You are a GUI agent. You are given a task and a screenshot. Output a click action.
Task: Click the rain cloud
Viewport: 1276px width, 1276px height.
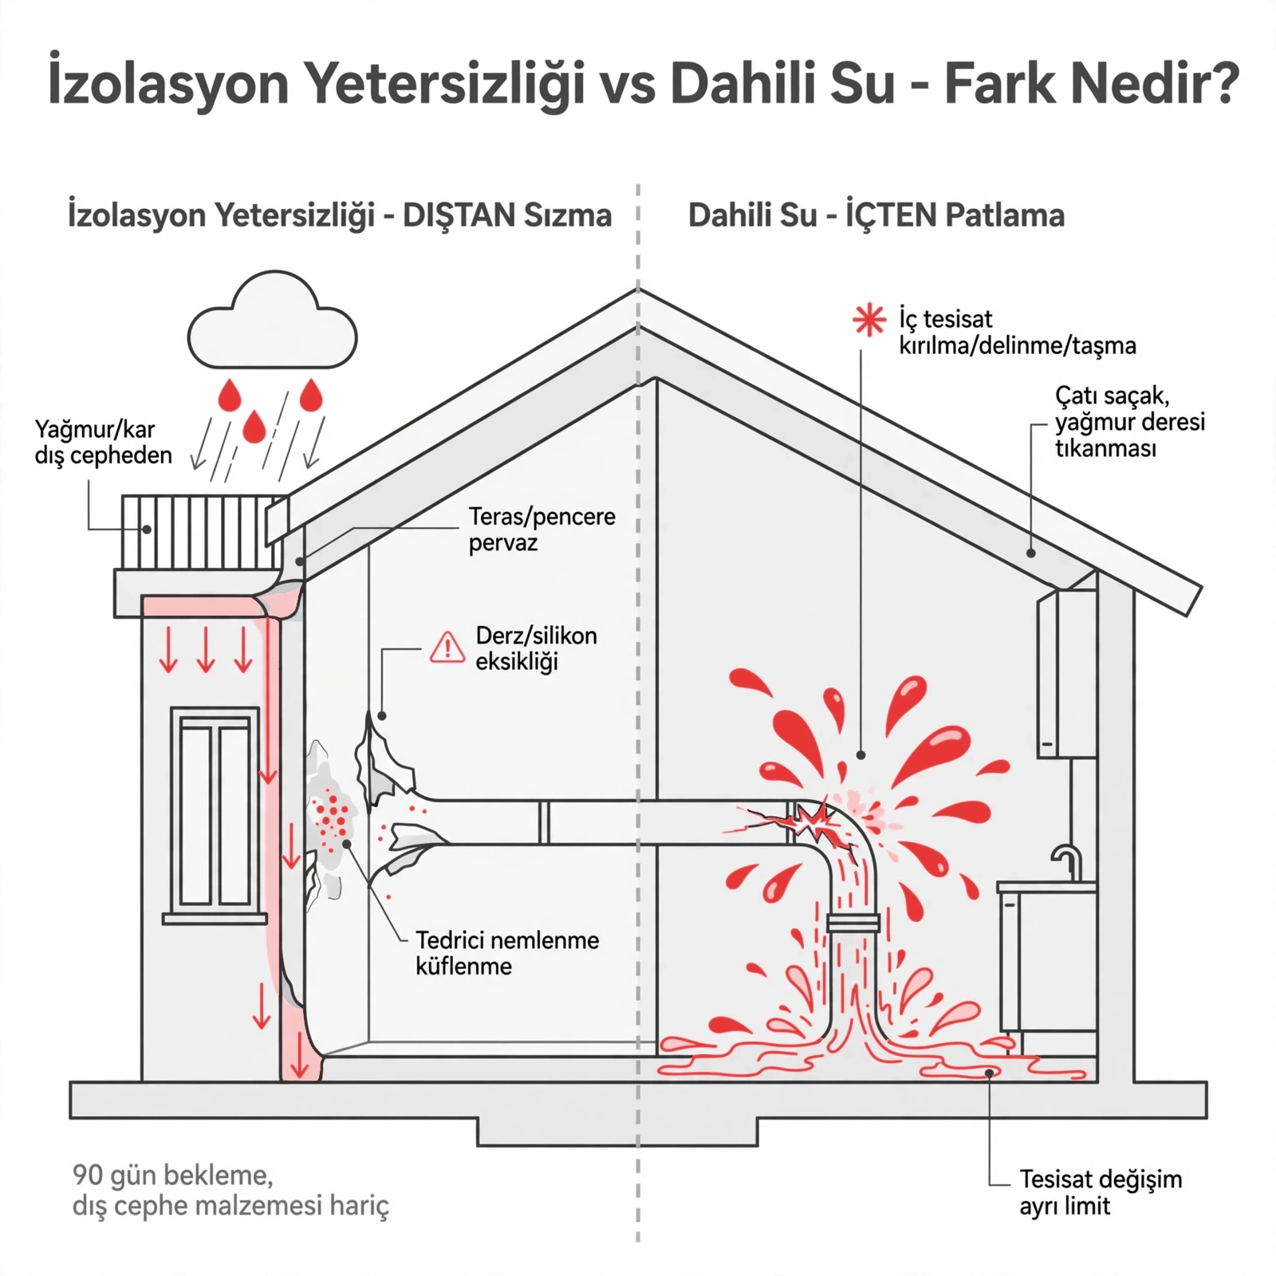point(272,321)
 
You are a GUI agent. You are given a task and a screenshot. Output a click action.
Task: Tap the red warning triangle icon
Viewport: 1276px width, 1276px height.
point(447,647)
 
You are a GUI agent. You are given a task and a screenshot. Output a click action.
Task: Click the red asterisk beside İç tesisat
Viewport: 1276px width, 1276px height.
point(868,320)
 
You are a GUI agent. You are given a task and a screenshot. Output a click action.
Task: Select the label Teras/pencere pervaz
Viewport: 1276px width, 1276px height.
point(542,530)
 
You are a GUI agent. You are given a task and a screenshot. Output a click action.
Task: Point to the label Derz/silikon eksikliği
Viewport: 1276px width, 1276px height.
point(536,648)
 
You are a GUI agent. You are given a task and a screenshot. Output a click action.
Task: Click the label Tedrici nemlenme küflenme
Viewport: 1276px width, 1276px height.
point(507,953)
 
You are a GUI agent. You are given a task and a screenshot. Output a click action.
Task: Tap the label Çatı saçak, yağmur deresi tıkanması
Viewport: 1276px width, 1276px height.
point(1129,422)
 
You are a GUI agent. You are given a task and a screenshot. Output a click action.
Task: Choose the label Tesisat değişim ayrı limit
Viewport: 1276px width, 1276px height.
point(1101,1192)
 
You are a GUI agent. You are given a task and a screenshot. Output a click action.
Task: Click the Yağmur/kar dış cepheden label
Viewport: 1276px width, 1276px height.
point(103,442)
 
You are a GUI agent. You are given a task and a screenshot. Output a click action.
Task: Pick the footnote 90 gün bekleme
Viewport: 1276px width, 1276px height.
point(172,1175)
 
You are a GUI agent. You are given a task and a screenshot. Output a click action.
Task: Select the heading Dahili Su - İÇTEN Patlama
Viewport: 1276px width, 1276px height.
point(876,215)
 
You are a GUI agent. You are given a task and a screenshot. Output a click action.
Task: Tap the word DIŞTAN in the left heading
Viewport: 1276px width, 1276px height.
point(459,215)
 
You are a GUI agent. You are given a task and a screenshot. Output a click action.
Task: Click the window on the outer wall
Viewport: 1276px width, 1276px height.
point(215,814)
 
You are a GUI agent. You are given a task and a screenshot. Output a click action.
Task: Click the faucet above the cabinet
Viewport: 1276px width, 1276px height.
point(1067,863)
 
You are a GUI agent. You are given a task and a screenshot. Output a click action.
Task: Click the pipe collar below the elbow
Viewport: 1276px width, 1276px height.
point(853,923)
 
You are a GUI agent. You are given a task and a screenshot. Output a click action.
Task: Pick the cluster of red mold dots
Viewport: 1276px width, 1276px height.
point(331,822)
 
